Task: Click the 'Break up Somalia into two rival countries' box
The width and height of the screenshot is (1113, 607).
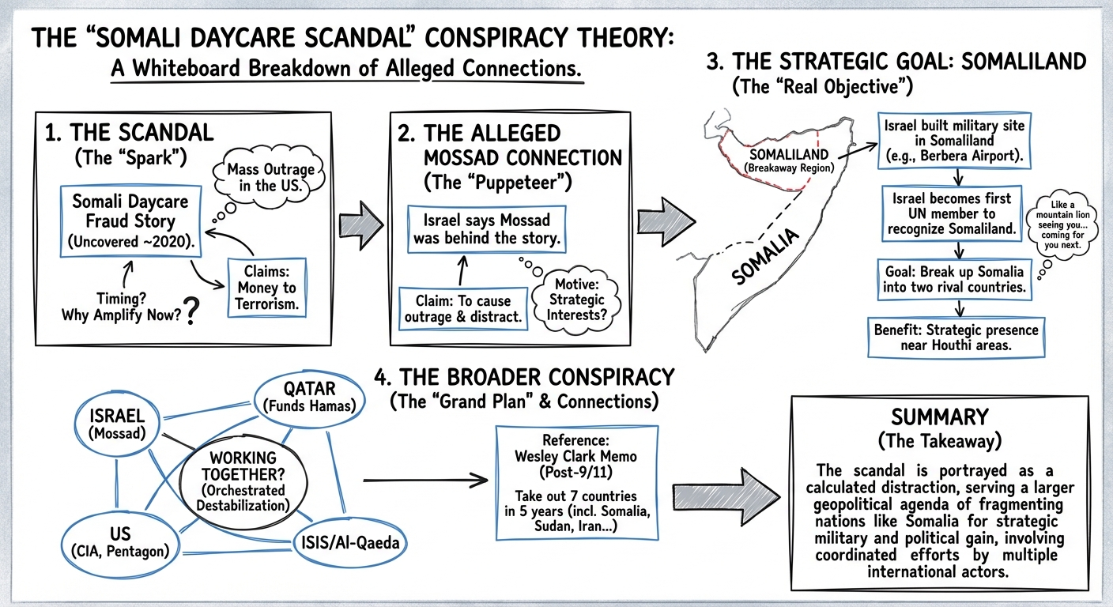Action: coord(955,277)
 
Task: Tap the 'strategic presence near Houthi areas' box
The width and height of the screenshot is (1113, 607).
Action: coord(956,338)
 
